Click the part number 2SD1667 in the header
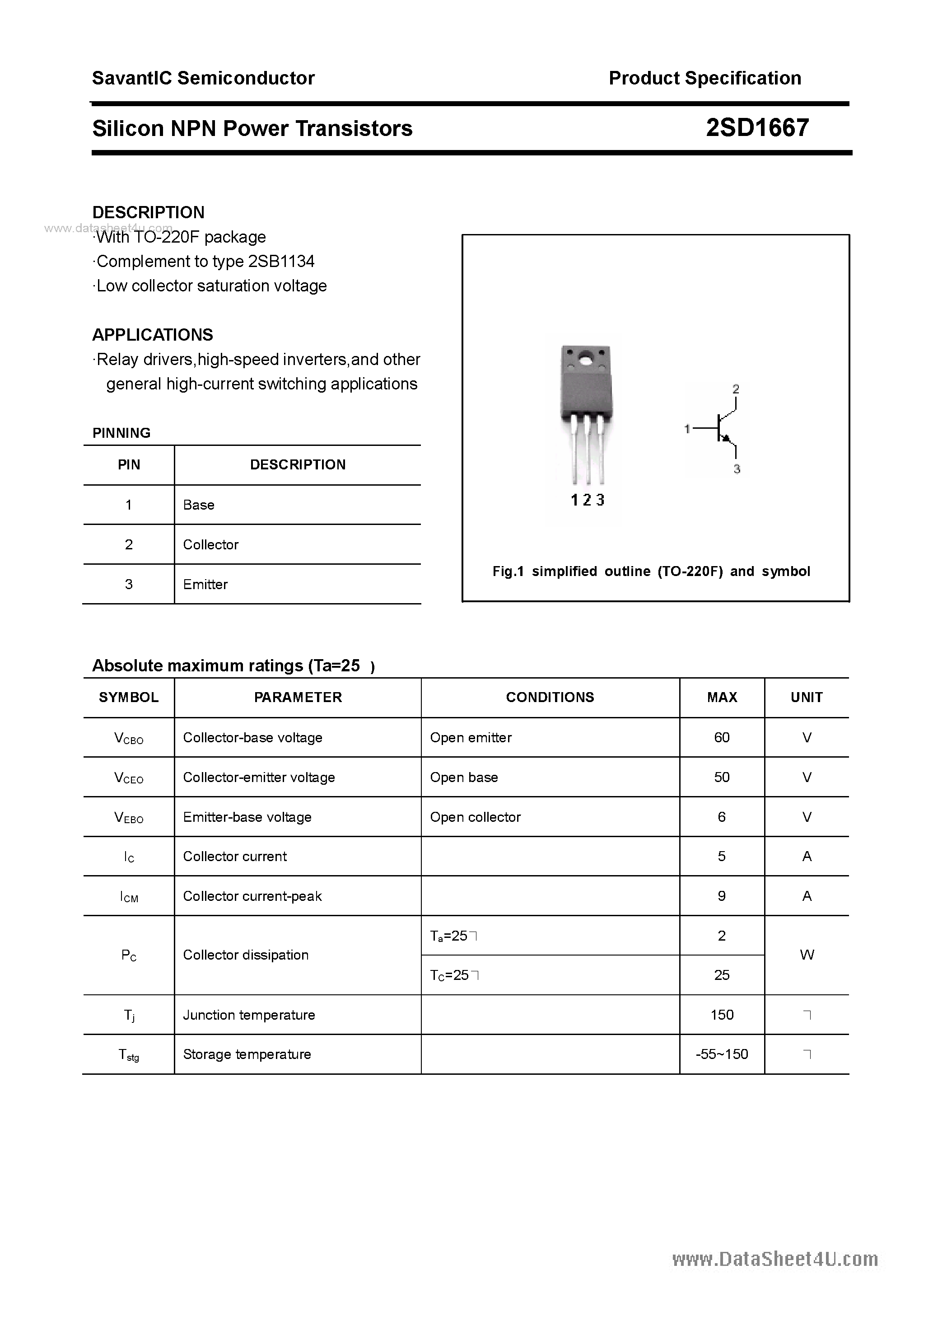(x=757, y=128)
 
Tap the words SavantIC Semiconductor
(x=203, y=78)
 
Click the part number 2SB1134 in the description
(x=281, y=262)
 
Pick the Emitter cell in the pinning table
(x=205, y=585)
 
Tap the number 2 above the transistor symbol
(x=736, y=389)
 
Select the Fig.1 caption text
(x=651, y=571)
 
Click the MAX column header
(x=722, y=698)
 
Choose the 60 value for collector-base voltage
(x=722, y=738)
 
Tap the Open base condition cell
(x=464, y=778)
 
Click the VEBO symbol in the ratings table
(x=129, y=818)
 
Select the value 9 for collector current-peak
(x=722, y=896)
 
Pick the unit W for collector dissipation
(x=807, y=955)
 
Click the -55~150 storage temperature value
(x=722, y=1054)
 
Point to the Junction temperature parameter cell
(x=248, y=1015)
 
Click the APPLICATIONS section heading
(x=153, y=335)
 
